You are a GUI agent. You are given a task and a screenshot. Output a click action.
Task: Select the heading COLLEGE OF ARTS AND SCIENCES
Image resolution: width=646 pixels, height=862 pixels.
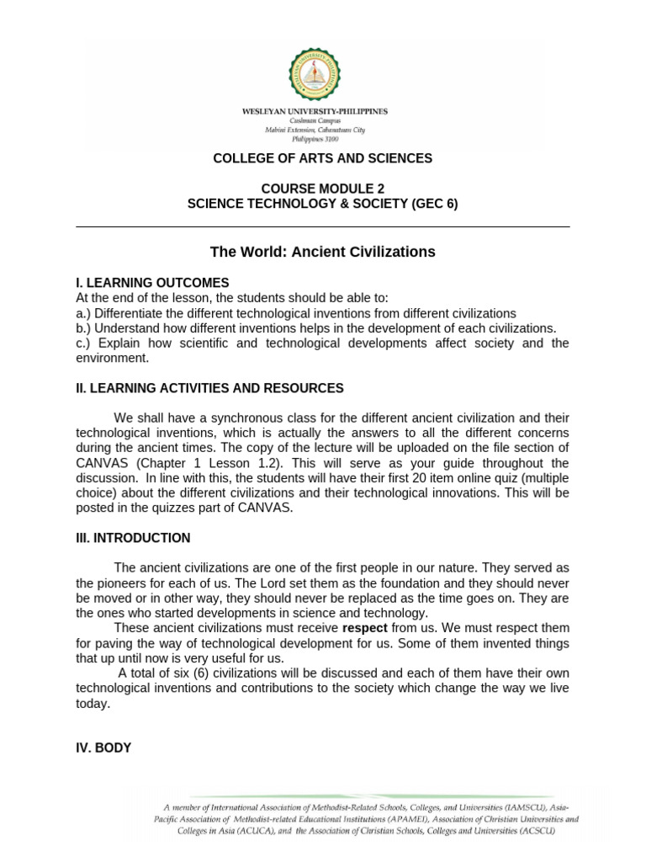(322, 158)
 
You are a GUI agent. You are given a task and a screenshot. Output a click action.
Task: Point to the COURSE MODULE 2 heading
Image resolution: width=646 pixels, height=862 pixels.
(322, 189)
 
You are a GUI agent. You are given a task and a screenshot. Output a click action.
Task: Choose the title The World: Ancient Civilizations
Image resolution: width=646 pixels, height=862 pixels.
(322, 252)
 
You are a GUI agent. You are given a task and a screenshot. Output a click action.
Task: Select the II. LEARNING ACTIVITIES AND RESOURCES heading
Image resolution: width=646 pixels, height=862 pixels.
(209, 388)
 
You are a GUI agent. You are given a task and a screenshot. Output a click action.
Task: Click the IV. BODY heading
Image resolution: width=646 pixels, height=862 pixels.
(103, 748)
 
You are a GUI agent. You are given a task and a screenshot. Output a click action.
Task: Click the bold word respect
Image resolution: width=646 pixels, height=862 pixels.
(365, 628)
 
